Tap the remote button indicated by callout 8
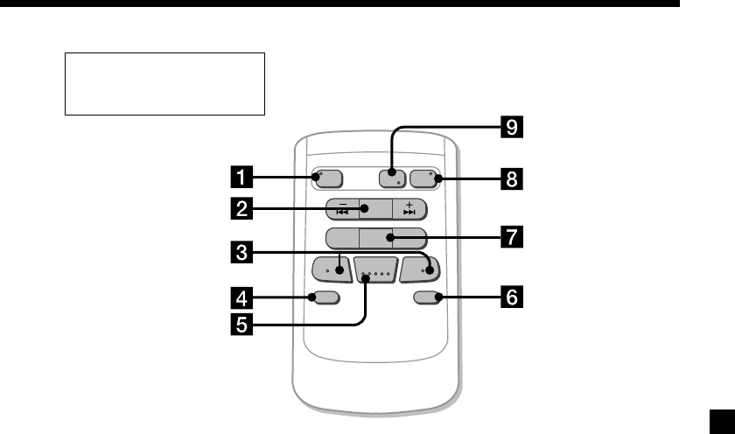point(424,178)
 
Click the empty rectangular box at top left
point(164,83)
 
